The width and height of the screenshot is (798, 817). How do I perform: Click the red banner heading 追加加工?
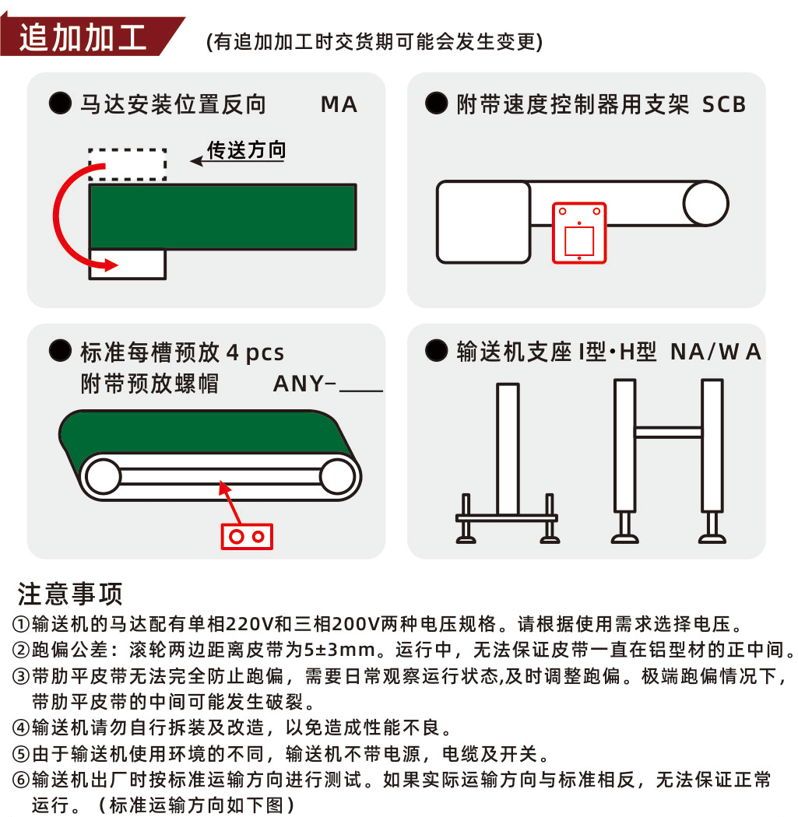(83, 37)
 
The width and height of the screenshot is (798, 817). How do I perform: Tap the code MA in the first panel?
(339, 105)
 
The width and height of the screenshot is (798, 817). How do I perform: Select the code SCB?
(724, 105)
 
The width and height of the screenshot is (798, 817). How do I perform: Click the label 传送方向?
(247, 150)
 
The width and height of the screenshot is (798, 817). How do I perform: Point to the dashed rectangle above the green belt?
(127, 150)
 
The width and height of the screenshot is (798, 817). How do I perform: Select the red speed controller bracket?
(579, 233)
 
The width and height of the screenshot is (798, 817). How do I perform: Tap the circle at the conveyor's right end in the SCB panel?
(705, 203)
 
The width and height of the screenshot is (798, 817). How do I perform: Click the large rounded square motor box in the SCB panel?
(483, 222)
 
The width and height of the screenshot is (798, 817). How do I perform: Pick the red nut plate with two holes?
(247, 537)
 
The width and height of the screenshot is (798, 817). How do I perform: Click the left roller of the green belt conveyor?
(104, 477)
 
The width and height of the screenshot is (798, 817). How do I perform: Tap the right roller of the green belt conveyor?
(338, 477)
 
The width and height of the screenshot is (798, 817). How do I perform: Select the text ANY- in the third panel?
(304, 384)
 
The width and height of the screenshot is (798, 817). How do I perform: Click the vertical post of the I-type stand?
(508, 449)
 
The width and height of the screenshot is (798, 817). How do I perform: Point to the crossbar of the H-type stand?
(668, 432)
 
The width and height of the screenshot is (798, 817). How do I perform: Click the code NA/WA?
(716, 352)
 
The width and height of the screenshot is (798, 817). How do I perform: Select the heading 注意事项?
(70, 594)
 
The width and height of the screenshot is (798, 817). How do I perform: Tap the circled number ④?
(21, 728)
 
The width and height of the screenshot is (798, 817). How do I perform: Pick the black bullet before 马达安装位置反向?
(60, 103)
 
